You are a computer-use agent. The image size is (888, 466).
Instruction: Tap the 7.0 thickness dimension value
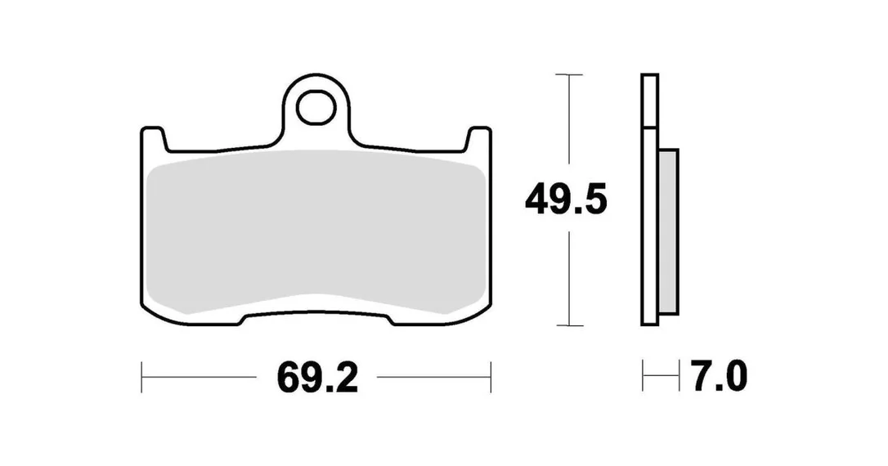tap(719, 376)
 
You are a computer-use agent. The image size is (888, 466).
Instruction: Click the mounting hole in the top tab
tap(316, 107)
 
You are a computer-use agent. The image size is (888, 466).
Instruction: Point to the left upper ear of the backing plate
tap(154, 139)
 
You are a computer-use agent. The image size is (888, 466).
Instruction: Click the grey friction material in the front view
tap(316, 232)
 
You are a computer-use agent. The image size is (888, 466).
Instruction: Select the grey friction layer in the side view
tap(668, 231)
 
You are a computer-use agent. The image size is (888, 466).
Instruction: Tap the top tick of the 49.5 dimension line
tap(569, 74)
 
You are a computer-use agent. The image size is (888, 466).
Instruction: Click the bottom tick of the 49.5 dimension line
tap(569, 325)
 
